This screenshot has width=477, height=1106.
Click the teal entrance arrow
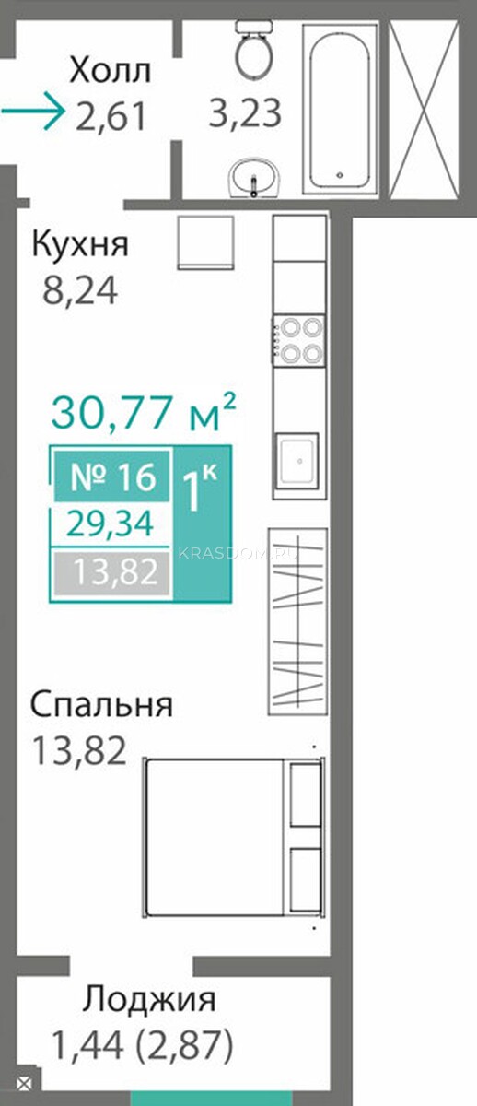(32, 111)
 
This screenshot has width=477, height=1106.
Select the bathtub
(340, 109)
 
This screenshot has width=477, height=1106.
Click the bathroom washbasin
(253, 177)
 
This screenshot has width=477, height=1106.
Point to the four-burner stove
(299, 340)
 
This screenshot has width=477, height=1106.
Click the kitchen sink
(297, 461)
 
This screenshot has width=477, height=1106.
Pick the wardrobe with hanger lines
(298, 621)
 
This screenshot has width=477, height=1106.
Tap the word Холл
(110, 71)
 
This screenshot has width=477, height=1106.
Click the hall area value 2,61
(111, 116)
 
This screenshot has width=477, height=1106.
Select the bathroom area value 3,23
(245, 112)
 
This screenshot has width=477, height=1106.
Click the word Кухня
(80, 244)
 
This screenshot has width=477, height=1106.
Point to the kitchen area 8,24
(80, 290)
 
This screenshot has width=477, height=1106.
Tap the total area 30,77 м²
(144, 411)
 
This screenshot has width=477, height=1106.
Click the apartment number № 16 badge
(112, 477)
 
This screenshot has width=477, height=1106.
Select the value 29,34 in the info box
(111, 524)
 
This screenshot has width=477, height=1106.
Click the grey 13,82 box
(112, 572)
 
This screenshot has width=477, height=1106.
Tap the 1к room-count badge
(203, 524)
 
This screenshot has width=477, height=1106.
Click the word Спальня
(101, 704)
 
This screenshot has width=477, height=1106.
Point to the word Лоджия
(149, 998)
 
